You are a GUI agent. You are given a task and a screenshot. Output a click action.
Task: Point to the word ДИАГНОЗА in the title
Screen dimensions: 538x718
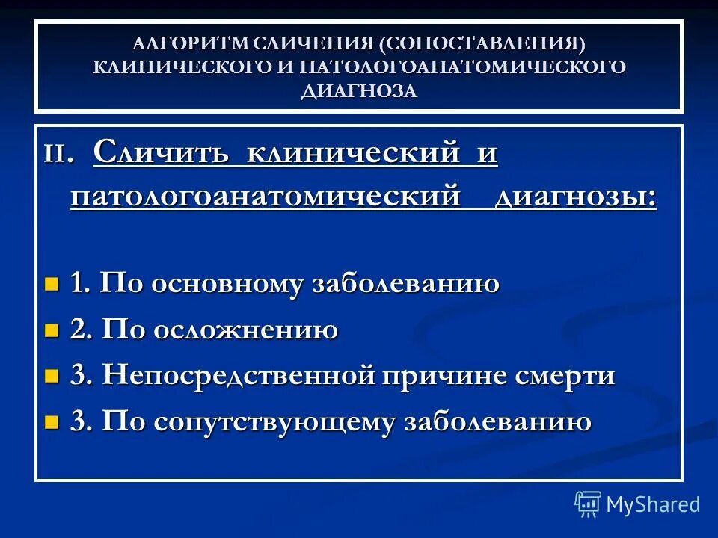[359, 90]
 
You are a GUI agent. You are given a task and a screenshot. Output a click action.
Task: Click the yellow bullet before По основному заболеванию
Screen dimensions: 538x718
[51, 284]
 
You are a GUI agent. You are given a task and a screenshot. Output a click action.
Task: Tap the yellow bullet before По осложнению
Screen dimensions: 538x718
[51, 330]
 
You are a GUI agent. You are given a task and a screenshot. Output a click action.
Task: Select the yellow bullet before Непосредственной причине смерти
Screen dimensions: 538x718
[51, 377]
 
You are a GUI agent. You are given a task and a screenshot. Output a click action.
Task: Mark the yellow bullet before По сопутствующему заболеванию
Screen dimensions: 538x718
[51, 423]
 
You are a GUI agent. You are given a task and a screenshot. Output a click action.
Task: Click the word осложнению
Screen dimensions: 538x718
[246, 330]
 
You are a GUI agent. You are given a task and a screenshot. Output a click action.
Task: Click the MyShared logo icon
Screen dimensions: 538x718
[588, 504]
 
